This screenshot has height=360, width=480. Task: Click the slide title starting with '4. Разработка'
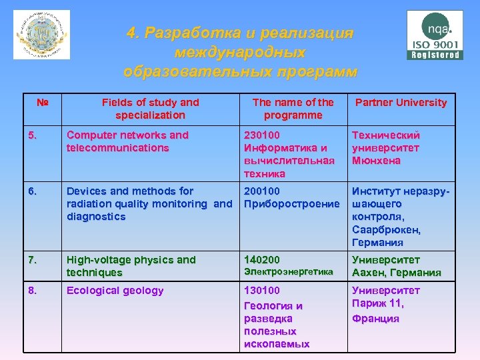(x=240, y=52)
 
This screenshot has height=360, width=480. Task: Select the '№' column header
(x=43, y=103)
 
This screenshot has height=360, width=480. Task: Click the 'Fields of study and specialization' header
(x=150, y=109)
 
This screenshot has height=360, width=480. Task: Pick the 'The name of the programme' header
(x=293, y=109)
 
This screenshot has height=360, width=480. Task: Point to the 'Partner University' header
(x=401, y=103)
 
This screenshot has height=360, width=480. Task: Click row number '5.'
(x=33, y=135)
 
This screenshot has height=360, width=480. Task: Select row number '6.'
(x=33, y=191)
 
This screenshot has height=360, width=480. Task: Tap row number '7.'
(x=33, y=260)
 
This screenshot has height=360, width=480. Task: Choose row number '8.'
(x=33, y=291)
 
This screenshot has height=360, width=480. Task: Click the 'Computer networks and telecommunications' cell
(x=127, y=141)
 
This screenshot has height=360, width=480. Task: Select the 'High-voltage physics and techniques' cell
(x=131, y=266)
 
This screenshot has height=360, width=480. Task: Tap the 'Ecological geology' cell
(x=115, y=291)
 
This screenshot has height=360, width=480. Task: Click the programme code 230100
(x=263, y=135)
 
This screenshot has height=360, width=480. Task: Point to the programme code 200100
(x=263, y=191)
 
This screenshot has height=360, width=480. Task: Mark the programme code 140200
(x=263, y=260)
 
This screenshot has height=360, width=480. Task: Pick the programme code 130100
(x=263, y=291)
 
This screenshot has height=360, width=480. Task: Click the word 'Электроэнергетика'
(x=288, y=272)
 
